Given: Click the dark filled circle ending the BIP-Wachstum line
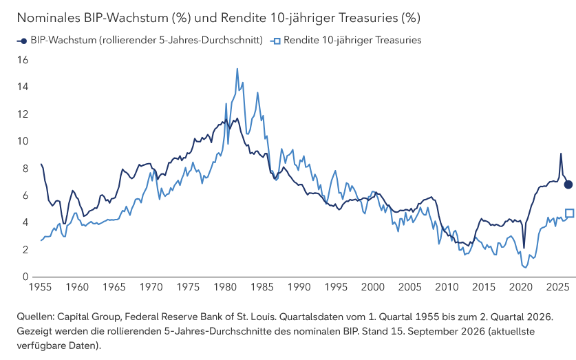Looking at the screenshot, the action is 568,184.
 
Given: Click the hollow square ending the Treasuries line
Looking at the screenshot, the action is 569,213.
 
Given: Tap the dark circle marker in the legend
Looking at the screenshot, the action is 24,41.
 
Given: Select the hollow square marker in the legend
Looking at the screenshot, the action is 277,41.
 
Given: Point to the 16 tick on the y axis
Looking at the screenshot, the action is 23,60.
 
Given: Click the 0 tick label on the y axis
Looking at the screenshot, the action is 25,277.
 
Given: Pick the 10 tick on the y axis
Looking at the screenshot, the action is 23,141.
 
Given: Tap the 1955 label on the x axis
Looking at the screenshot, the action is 40,287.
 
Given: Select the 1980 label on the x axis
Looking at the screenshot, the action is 225,287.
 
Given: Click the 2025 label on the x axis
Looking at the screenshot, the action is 557,287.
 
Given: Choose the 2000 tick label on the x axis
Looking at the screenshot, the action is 373,287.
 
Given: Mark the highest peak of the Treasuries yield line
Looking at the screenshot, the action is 237,69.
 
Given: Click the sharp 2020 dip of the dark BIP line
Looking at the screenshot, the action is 524,248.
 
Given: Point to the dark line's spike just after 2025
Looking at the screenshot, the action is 561,153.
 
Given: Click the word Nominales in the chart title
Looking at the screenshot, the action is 49,18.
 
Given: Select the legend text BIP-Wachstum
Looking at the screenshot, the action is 63,40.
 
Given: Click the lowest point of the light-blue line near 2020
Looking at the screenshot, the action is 525,267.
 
